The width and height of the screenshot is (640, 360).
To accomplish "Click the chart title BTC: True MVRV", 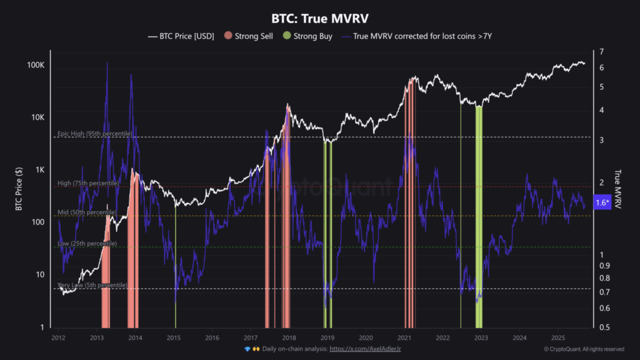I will point(320,18).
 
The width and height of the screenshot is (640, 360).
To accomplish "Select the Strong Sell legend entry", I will point(249,36).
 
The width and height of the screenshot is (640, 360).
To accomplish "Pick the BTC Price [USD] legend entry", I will point(181,36).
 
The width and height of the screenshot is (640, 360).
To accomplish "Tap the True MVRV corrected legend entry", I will point(417,36).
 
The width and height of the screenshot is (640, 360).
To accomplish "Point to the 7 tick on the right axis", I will point(601,51).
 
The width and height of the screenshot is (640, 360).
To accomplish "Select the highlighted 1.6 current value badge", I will point(602,202).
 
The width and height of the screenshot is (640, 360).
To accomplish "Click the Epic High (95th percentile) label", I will point(94,134).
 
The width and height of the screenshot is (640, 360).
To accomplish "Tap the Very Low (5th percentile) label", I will point(92,285).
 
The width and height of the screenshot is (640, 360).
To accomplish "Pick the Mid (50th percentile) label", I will point(87,212).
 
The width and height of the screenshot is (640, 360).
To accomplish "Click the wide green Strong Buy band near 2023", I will point(479,212).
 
